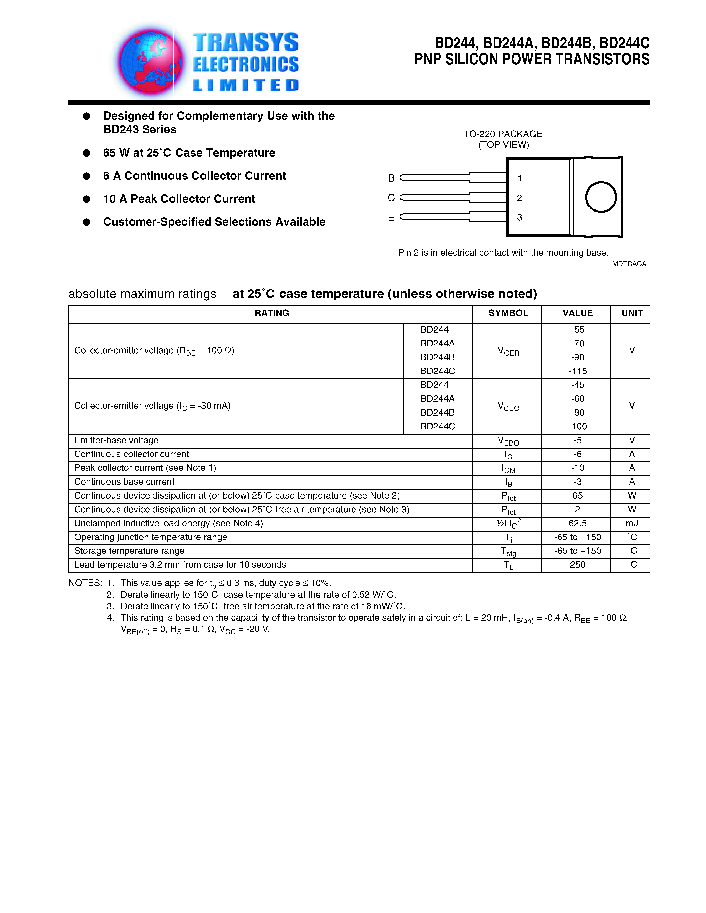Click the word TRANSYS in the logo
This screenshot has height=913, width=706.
(x=246, y=42)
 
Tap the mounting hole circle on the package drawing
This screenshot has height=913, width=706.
(x=601, y=197)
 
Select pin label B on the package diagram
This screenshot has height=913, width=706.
(x=391, y=178)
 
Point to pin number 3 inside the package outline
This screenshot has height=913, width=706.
(x=520, y=217)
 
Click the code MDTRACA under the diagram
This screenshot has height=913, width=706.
(x=629, y=264)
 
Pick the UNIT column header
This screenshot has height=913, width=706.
(x=631, y=313)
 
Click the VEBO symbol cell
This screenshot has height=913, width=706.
(x=508, y=441)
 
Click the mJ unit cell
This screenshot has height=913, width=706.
(x=631, y=523)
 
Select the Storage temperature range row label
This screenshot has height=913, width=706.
(x=129, y=551)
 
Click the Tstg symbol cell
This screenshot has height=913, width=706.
(x=508, y=552)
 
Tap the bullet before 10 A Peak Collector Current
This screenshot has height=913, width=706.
(x=87, y=199)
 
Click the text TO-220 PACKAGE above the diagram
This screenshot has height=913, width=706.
(x=503, y=134)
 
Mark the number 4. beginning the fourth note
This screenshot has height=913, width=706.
(x=110, y=618)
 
